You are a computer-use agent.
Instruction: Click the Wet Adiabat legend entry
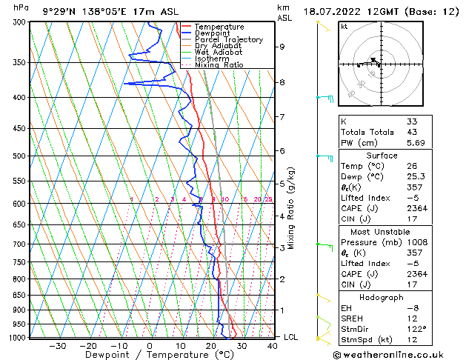click(219, 53)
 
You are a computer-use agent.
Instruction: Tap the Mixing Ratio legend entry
click(219, 65)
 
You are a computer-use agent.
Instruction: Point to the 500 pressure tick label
click(20, 156)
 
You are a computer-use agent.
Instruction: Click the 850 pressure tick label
click(20, 295)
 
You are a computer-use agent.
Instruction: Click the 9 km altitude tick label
click(282, 47)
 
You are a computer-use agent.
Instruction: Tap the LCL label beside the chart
click(290, 337)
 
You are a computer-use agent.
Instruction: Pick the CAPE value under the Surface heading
click(417, 208)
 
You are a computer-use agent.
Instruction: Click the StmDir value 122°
click(416, 329)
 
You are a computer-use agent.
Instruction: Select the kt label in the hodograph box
click(344, 27)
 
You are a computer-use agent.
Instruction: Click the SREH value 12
click(412, 318)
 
